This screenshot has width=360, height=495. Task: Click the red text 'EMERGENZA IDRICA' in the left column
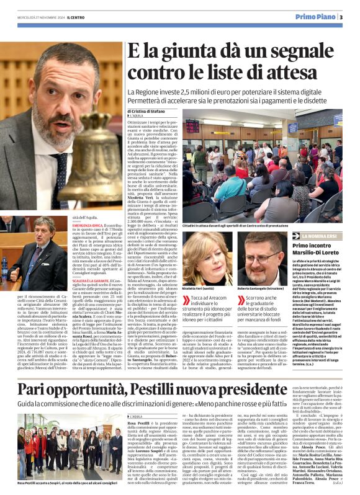(x=88, y=225)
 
